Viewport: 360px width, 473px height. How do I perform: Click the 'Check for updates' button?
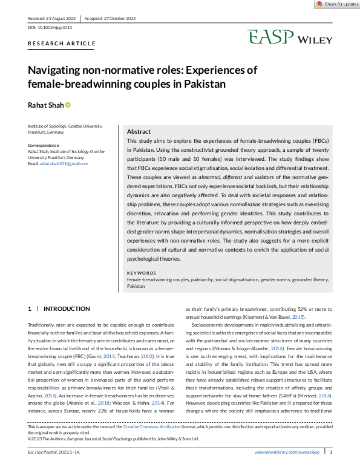(336, 4)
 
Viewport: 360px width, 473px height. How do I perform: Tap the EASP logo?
(270, 38)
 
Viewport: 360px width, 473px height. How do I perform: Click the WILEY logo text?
(314, 40)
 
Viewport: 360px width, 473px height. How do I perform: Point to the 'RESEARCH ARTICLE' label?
(62, 44)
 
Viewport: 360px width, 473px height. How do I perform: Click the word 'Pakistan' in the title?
(200, 84)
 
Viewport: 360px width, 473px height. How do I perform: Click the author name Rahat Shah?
(45, 105)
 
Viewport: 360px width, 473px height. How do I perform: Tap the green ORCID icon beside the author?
(68, 105)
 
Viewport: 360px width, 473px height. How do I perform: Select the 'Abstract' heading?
(139, 131)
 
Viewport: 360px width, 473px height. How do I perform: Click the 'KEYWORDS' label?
(141, 274)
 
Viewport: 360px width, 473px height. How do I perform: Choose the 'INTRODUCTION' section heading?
(67, 308)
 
